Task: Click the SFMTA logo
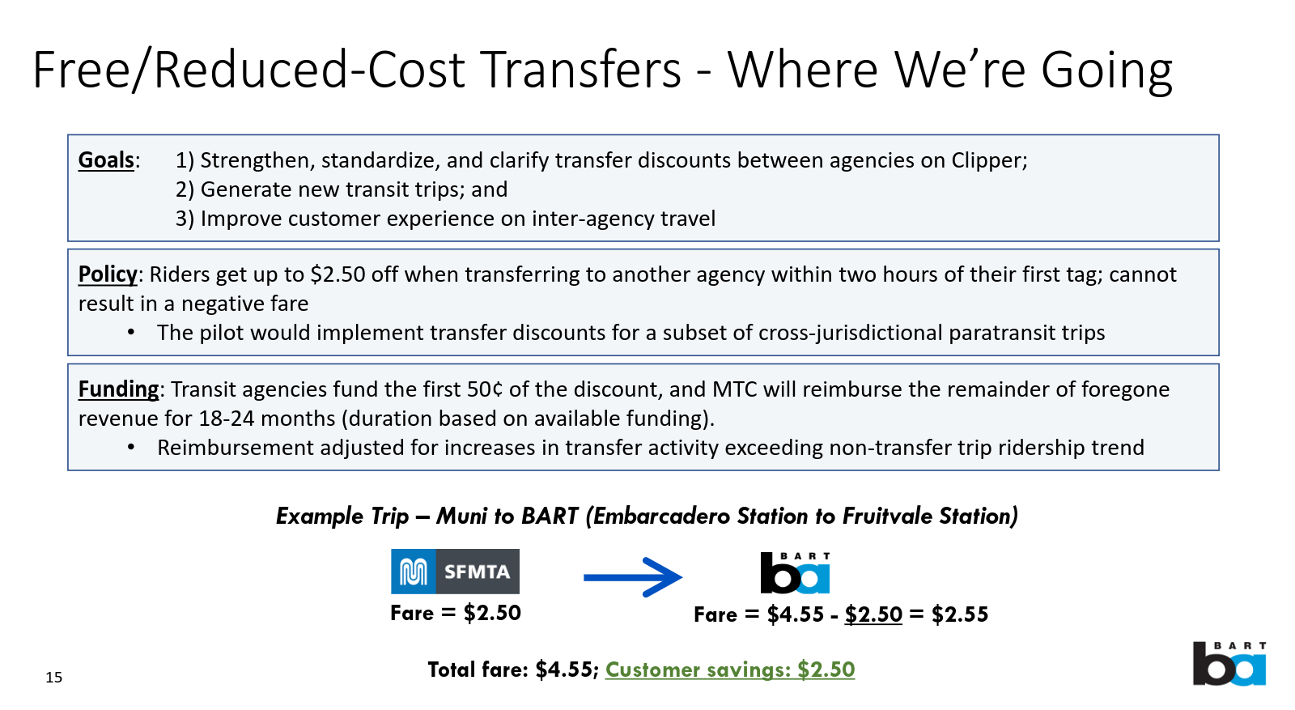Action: click(455, 572)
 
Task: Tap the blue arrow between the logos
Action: click(633, 577)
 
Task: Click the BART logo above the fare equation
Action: click(795, 573)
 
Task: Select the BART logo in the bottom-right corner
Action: click(1229, 664)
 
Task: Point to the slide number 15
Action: click(54, 678)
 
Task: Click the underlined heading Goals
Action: click(106, 160)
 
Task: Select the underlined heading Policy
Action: click(108, 274)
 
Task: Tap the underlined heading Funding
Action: click(118, 389)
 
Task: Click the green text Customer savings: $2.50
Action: click(730, 670)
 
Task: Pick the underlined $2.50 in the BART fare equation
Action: click(873, 614)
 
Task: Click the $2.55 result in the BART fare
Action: click(960, 614)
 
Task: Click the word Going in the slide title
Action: click(1106, 70)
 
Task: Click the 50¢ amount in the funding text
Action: click(485, 389)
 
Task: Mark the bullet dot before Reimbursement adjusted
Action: click(131, 448)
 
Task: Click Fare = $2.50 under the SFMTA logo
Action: click(456, 613)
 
